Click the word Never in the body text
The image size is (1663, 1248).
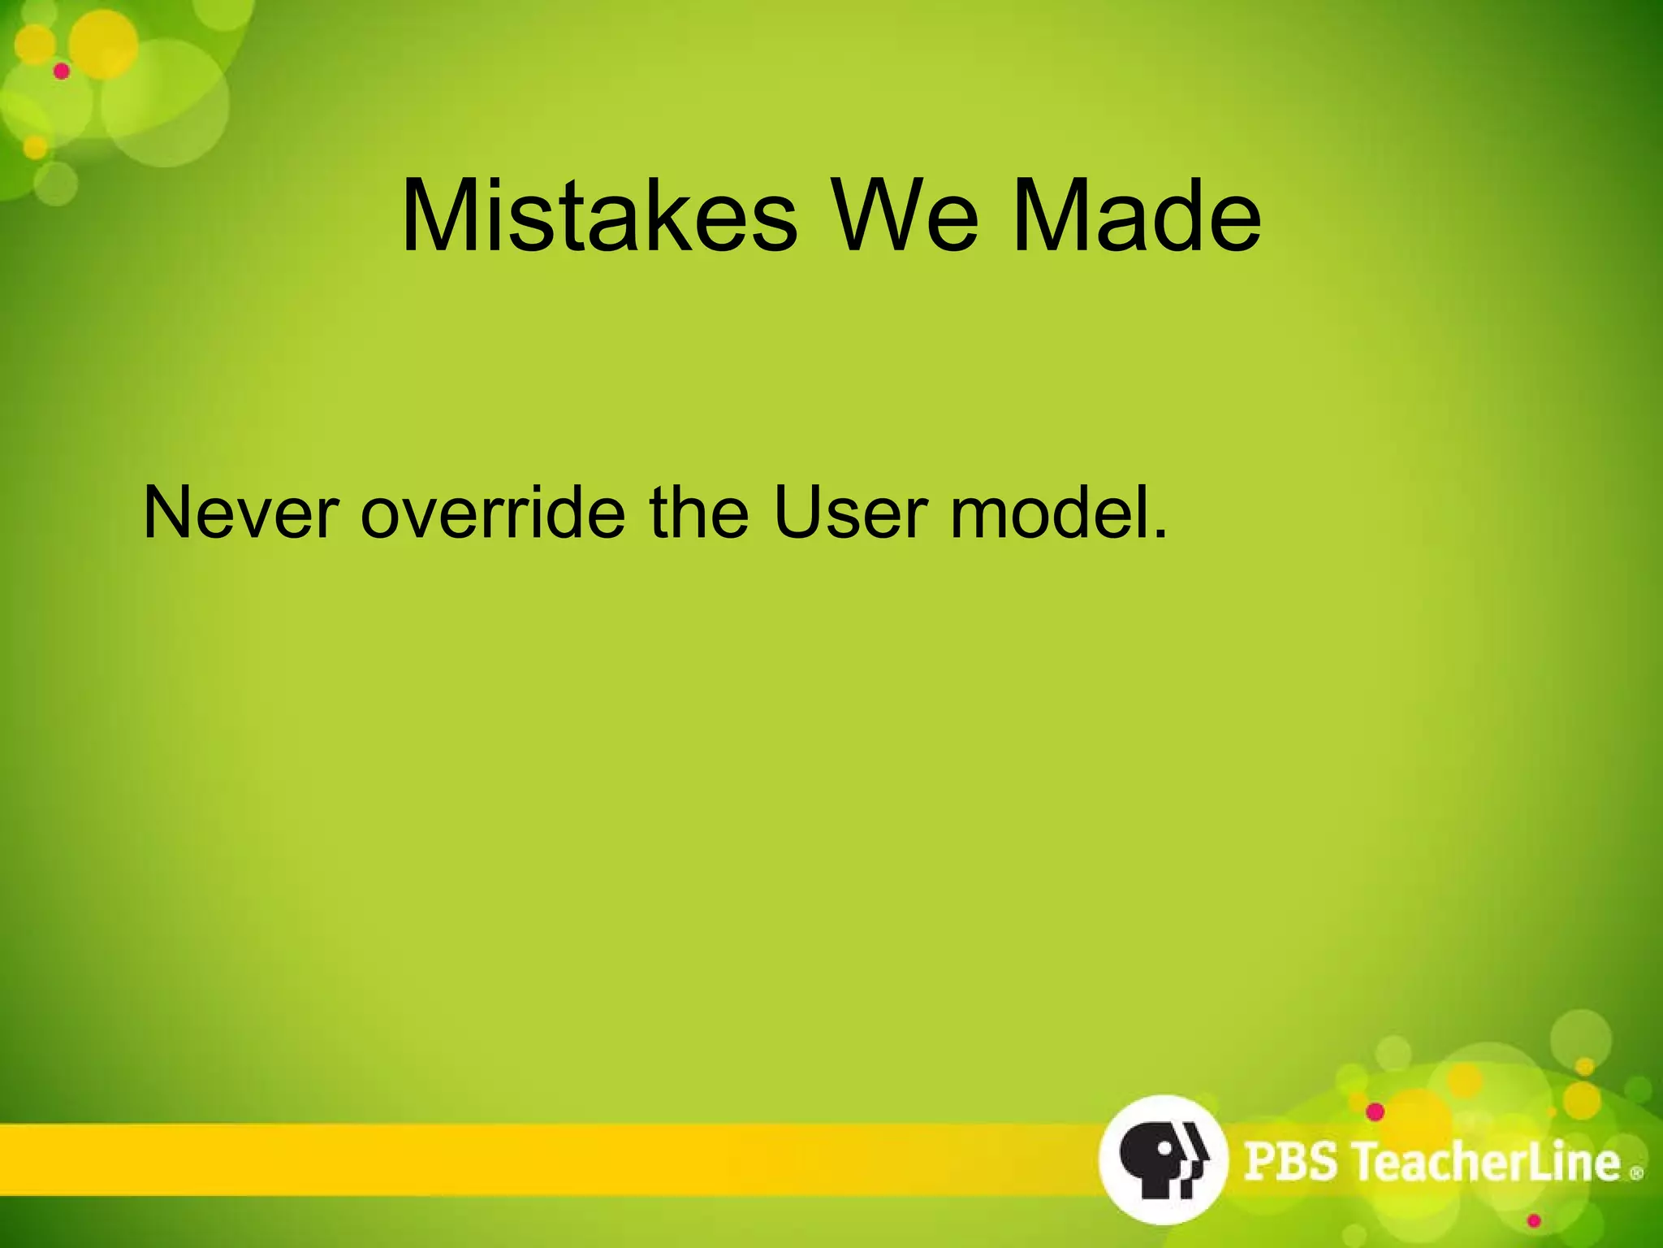click(240, 513)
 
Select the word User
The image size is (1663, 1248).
click(849, 513)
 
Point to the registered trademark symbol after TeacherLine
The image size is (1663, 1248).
click(1636, 1172)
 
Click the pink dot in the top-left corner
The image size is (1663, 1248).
click(62, 71)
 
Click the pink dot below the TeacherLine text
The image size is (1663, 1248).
click(1534, 1221)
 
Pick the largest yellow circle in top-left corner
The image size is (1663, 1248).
click(103, 45)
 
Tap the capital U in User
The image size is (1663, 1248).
click(799, 513)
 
